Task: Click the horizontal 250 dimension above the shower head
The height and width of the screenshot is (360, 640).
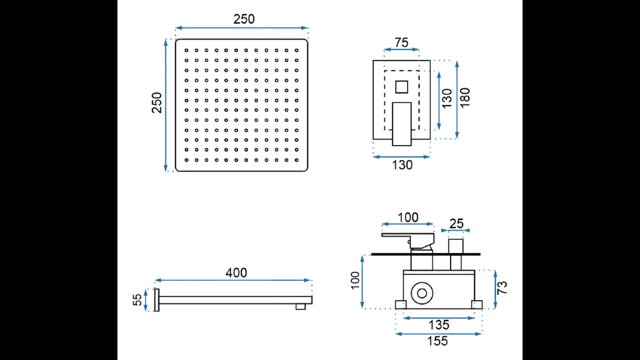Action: [x=243, y=19]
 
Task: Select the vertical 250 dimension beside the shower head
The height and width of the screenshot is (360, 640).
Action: [x=157, y=102]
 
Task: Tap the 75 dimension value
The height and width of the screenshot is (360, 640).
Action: [x=401, y=43]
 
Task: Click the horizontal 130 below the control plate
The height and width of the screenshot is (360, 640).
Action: [x=402, y=165]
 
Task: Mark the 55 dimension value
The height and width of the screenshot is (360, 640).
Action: [x=137, y=300]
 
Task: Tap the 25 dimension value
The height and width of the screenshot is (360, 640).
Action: [x=456, y=224]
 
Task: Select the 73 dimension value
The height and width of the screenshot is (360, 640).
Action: [x=502, y=287]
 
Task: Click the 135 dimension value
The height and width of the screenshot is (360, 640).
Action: [x=438, y=324]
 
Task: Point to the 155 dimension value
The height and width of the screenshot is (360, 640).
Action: [x=437, y=341]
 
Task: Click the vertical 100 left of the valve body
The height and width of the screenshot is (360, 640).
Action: [x=354, y=281]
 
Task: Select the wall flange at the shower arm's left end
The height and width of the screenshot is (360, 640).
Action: [x=157, y=299]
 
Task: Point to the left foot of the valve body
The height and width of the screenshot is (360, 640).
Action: [x=400, y=304]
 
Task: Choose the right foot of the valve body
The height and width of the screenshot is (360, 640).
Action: [x=477, y=304]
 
